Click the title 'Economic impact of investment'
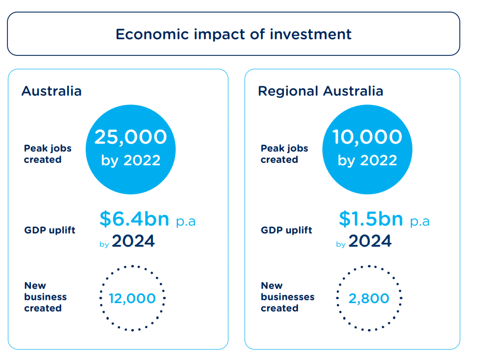[234, 34]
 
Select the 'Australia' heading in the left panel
[51, 91]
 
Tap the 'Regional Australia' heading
[321, 91]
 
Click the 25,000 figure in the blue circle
[131, 137]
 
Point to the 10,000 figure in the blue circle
[367, 137]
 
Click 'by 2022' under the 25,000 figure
[131, 160]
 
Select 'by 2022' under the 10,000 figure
[367, 160]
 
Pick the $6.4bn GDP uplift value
[134, 219]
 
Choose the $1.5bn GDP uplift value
[371, 219]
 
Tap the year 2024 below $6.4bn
[133, 241]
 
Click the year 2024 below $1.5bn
[370, 241]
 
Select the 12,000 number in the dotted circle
[132, 299]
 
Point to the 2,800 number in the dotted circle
[369, 299]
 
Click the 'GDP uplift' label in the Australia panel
[50, 230]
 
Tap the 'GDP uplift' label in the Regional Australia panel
[286, 230]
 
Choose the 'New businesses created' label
[287, 297]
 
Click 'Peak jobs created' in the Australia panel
[48, 154]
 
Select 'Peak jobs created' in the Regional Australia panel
[284, 154]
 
